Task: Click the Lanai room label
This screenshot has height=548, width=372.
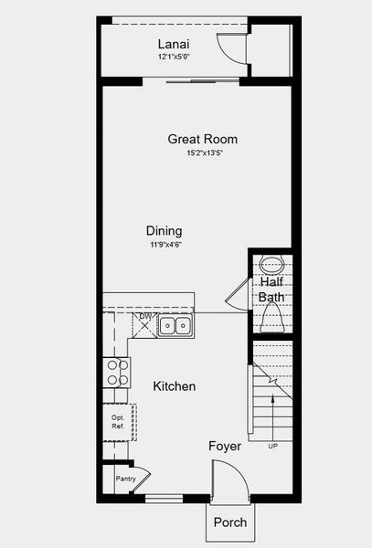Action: [x=173, y=44]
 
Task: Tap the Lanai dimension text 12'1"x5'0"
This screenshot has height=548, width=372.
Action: [x=173, y=58]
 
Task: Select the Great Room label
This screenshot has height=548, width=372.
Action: [x=202, y=139]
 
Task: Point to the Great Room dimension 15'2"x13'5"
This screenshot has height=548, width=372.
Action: [x=205, y=153]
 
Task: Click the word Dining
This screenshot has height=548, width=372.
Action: [x=164, y=231]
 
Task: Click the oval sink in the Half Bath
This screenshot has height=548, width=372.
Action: [x=271, y=265]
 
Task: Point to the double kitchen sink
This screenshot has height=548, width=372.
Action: [x=175, y=325]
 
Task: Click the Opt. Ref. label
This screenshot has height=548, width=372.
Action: [x=118, y=423]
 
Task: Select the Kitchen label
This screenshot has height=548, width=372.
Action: [x=174, y=386]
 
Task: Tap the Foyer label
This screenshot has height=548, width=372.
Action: [x=225, y=447]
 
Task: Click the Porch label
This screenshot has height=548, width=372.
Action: [x=229, y=522]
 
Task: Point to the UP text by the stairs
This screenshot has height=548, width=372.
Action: [x=271, y=447]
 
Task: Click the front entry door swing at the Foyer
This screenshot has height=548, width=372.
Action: [x=229, y=479]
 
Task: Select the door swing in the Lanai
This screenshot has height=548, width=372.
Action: [x=231, y=47]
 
